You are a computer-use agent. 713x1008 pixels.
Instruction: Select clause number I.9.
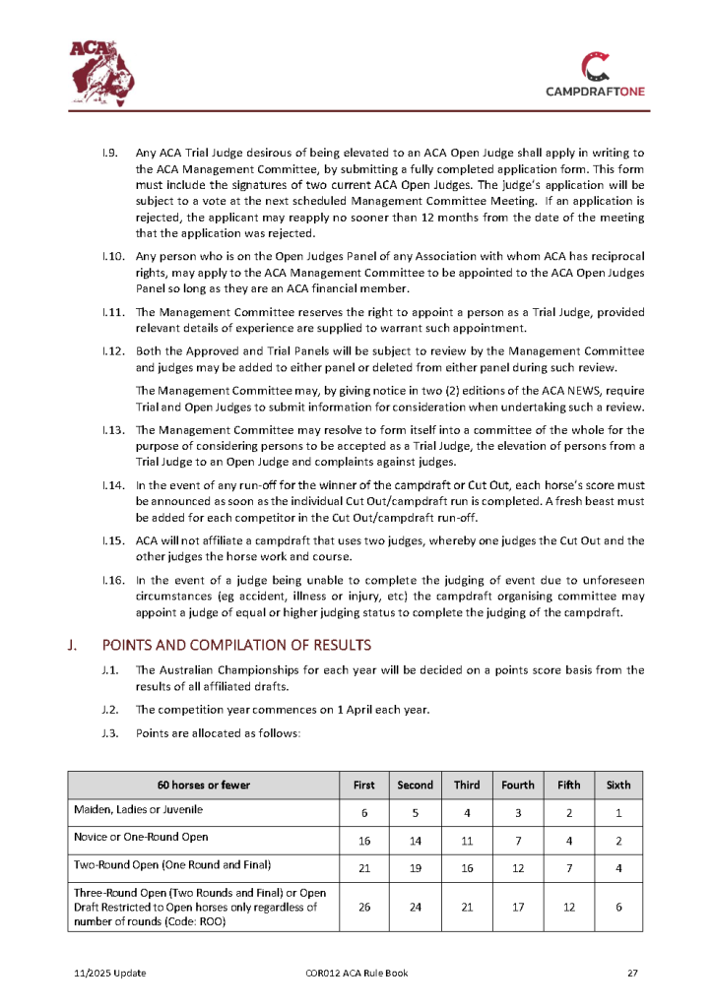click(111, 153)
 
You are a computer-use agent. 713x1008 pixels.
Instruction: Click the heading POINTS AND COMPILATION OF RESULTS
click(236, 645)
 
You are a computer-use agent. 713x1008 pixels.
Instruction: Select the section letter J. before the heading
click(73, 645)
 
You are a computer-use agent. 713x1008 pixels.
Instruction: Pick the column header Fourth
click(517, 785)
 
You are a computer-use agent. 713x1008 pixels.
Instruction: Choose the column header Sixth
click(618, 785)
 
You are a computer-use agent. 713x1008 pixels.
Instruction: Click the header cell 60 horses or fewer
click(203, 785)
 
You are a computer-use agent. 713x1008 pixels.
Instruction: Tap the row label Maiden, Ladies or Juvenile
click(138, 809)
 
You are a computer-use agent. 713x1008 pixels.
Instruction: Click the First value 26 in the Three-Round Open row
click(364, 907)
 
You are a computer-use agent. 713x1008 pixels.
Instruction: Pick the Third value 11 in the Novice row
click(467, 842)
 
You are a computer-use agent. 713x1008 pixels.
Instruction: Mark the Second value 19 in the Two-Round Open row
click(415, 869)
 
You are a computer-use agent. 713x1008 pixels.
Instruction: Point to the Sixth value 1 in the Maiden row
click(618, 814)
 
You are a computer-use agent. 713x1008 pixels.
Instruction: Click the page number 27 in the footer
click(633, 974)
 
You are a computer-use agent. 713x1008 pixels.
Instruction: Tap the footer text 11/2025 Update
click(110, 974)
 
